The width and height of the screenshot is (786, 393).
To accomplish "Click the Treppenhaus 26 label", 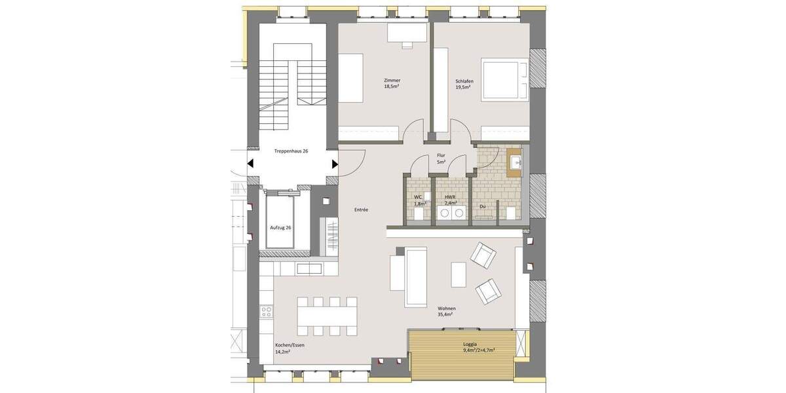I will tap(291, 151).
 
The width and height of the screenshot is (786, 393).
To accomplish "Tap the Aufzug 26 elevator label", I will tap(280, 227).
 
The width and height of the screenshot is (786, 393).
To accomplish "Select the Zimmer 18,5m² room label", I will tap(392, 83).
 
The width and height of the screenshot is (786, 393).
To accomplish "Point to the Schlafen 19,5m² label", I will tap(464, 83).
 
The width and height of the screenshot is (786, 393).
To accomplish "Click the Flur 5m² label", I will tap(441, 158).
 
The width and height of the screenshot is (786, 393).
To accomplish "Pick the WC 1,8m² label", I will tap(419, 200).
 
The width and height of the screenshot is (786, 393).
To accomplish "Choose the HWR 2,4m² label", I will tap(450, 200).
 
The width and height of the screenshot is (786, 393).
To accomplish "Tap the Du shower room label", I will tap(483, 206).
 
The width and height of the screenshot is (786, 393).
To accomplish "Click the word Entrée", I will tap(360, 210).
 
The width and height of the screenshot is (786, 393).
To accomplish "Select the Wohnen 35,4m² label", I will tap(447, 311).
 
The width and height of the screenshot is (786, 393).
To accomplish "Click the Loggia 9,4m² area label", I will tap(469, 346).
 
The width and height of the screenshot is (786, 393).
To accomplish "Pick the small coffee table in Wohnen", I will tap(458, 274).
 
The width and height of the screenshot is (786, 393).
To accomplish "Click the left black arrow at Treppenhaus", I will tap(251, 164).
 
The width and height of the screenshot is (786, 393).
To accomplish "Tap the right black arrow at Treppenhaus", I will tap(335, 164).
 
